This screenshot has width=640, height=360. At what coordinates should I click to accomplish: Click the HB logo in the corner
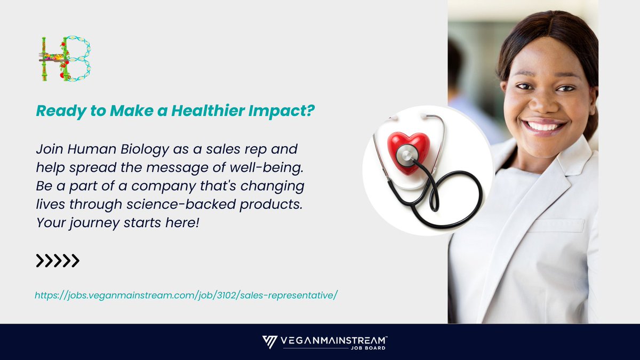(65, 59)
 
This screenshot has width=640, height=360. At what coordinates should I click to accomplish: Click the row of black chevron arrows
(57, 261)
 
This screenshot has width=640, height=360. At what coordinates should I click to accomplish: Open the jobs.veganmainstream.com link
(186, 294)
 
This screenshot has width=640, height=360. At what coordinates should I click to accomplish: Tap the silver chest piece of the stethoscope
(407, 155)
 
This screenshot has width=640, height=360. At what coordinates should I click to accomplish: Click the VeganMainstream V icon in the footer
(269, 342)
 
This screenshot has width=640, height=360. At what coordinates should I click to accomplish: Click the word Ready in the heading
(54, 111)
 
